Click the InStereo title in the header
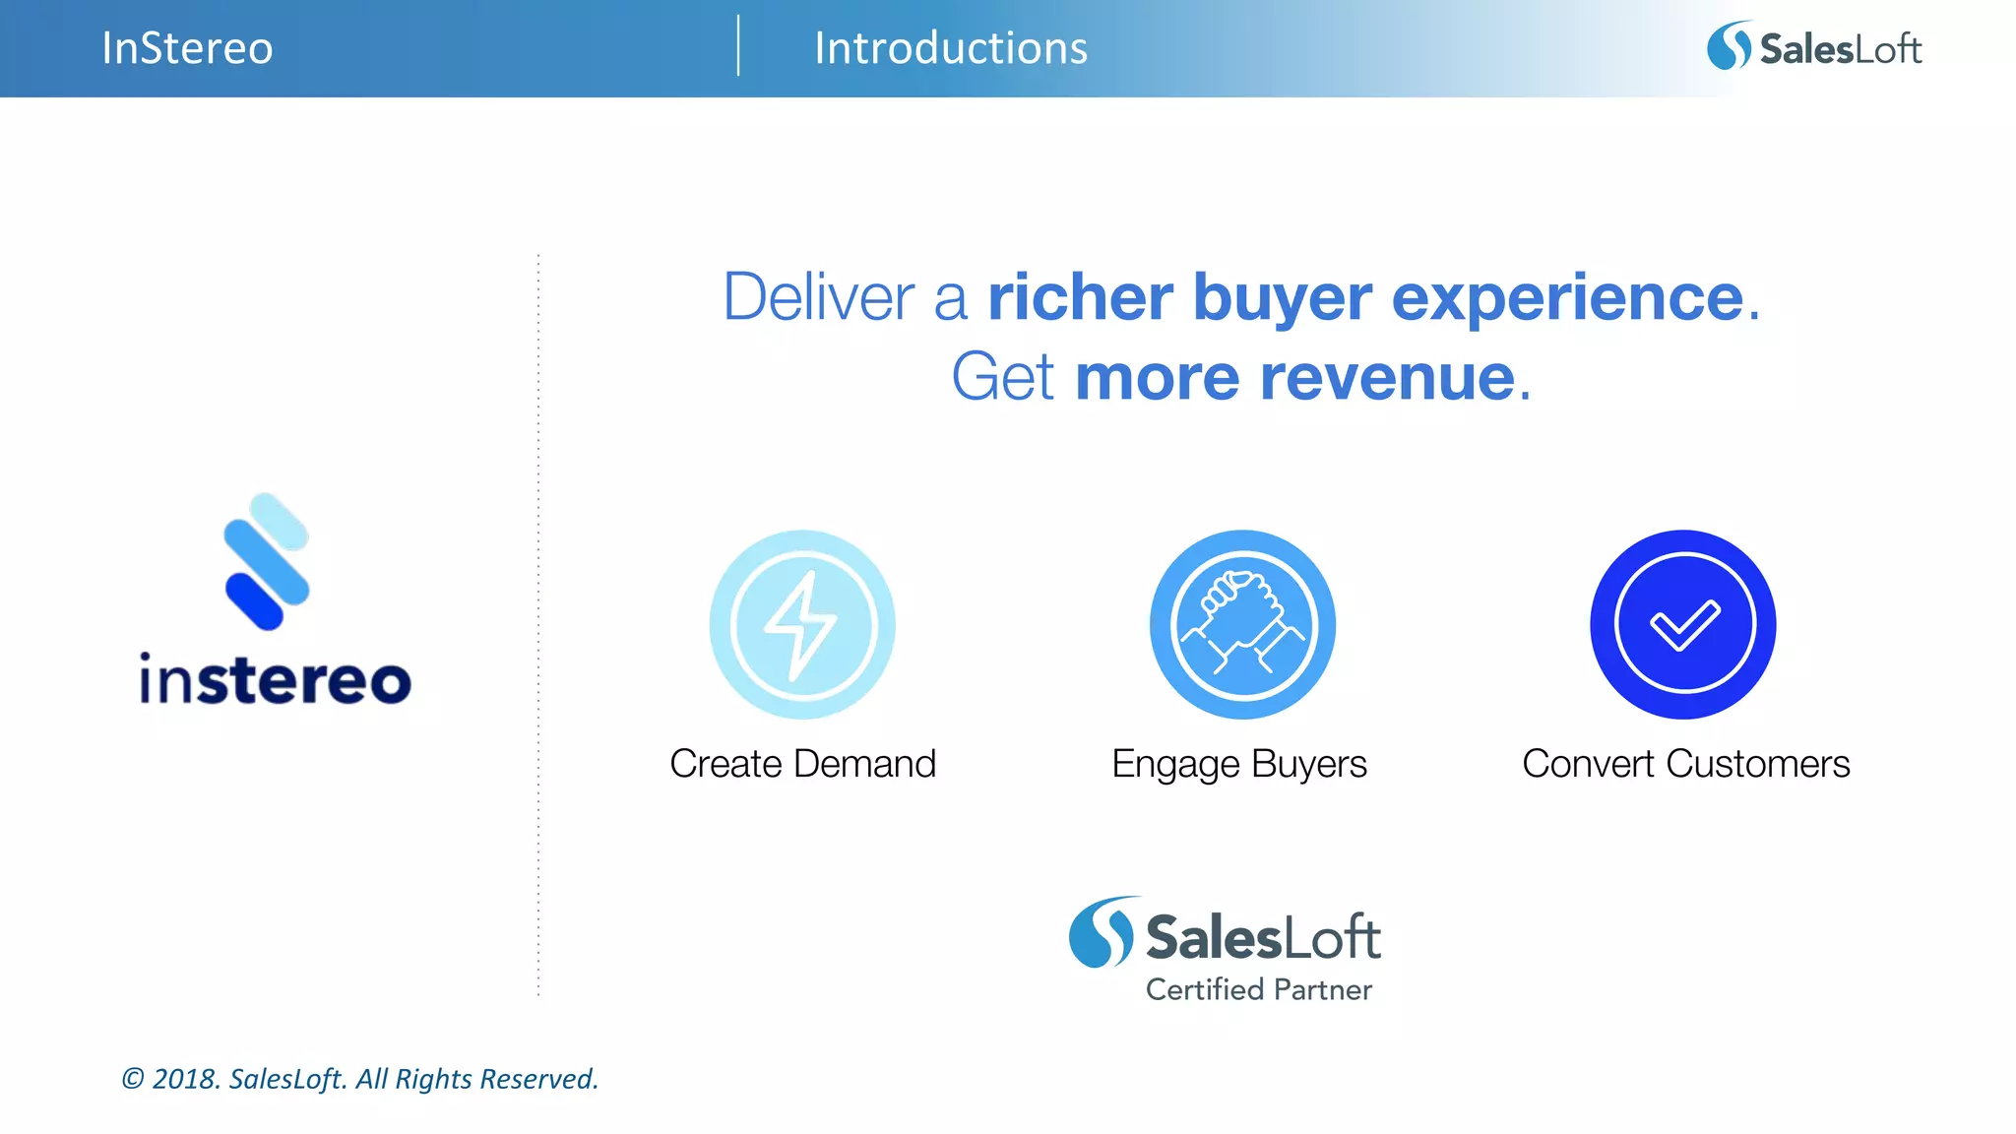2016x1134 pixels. pos(187,48)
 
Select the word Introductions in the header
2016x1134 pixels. pos(950,48)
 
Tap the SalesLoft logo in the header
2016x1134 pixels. pos(1813,47)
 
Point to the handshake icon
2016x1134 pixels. pos(1242,624)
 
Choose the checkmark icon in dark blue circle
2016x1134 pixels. pos(1683,624)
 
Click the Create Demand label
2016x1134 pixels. pos(802,764)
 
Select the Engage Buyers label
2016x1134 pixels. pos(1238,765)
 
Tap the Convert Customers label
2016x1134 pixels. pos(1685,764)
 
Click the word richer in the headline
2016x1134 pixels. pos(1080,297)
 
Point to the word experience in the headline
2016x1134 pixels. pos(1567,299)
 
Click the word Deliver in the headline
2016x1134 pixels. pos(819,297)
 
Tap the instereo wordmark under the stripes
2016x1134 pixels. pos(275,680)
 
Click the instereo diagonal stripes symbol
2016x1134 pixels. pos(266,561)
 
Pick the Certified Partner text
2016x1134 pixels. pos(1258,989)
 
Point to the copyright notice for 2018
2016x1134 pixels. pos(359,1079)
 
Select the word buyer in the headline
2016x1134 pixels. pos(1283,299)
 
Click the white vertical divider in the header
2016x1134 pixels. pos(738,46)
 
